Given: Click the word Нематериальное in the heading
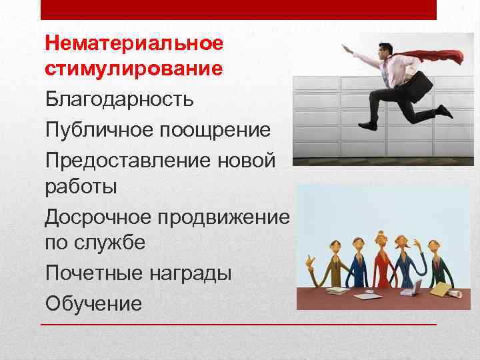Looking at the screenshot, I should [x=133, y=45].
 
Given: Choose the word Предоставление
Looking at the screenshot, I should [x=117, y=160].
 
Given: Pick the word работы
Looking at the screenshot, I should [x=81, y=187].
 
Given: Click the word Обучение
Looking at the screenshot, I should [x=94, y=303].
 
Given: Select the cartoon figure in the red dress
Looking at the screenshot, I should [x=381, y=260].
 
